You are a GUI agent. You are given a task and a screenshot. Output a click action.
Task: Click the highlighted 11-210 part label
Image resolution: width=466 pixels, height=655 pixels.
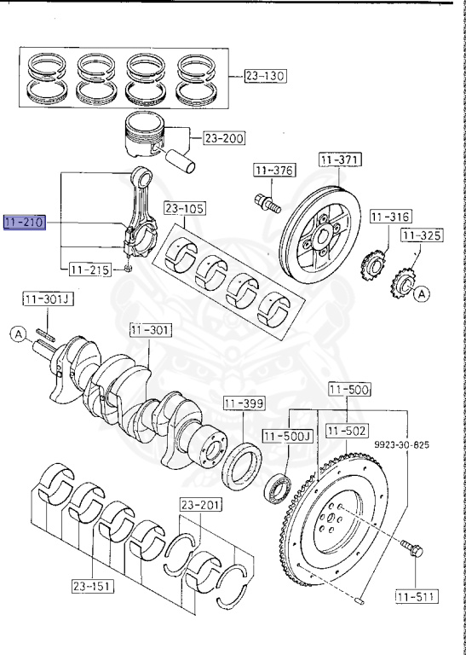[x=24, y=223]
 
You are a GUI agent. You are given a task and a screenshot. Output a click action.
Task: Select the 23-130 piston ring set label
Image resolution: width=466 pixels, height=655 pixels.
[x=265, y=76]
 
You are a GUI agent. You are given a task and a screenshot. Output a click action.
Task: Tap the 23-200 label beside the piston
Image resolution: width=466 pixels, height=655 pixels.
[x=224, y=138]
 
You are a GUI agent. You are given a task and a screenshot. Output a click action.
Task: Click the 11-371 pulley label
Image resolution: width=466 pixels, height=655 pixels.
[x=341, y=159]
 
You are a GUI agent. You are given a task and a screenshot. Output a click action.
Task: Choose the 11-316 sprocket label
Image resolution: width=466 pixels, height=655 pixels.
[x=391, y=217]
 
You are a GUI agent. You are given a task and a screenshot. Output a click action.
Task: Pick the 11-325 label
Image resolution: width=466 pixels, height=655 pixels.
[x=422, y=235]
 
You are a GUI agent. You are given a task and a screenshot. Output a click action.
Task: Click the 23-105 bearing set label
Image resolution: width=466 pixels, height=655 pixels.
[x=184, y=208]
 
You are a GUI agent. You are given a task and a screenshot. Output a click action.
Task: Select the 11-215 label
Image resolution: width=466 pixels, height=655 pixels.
[x=90, y=270]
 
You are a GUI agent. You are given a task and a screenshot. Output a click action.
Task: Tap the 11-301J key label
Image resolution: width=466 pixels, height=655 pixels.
[x=48, y=299]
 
